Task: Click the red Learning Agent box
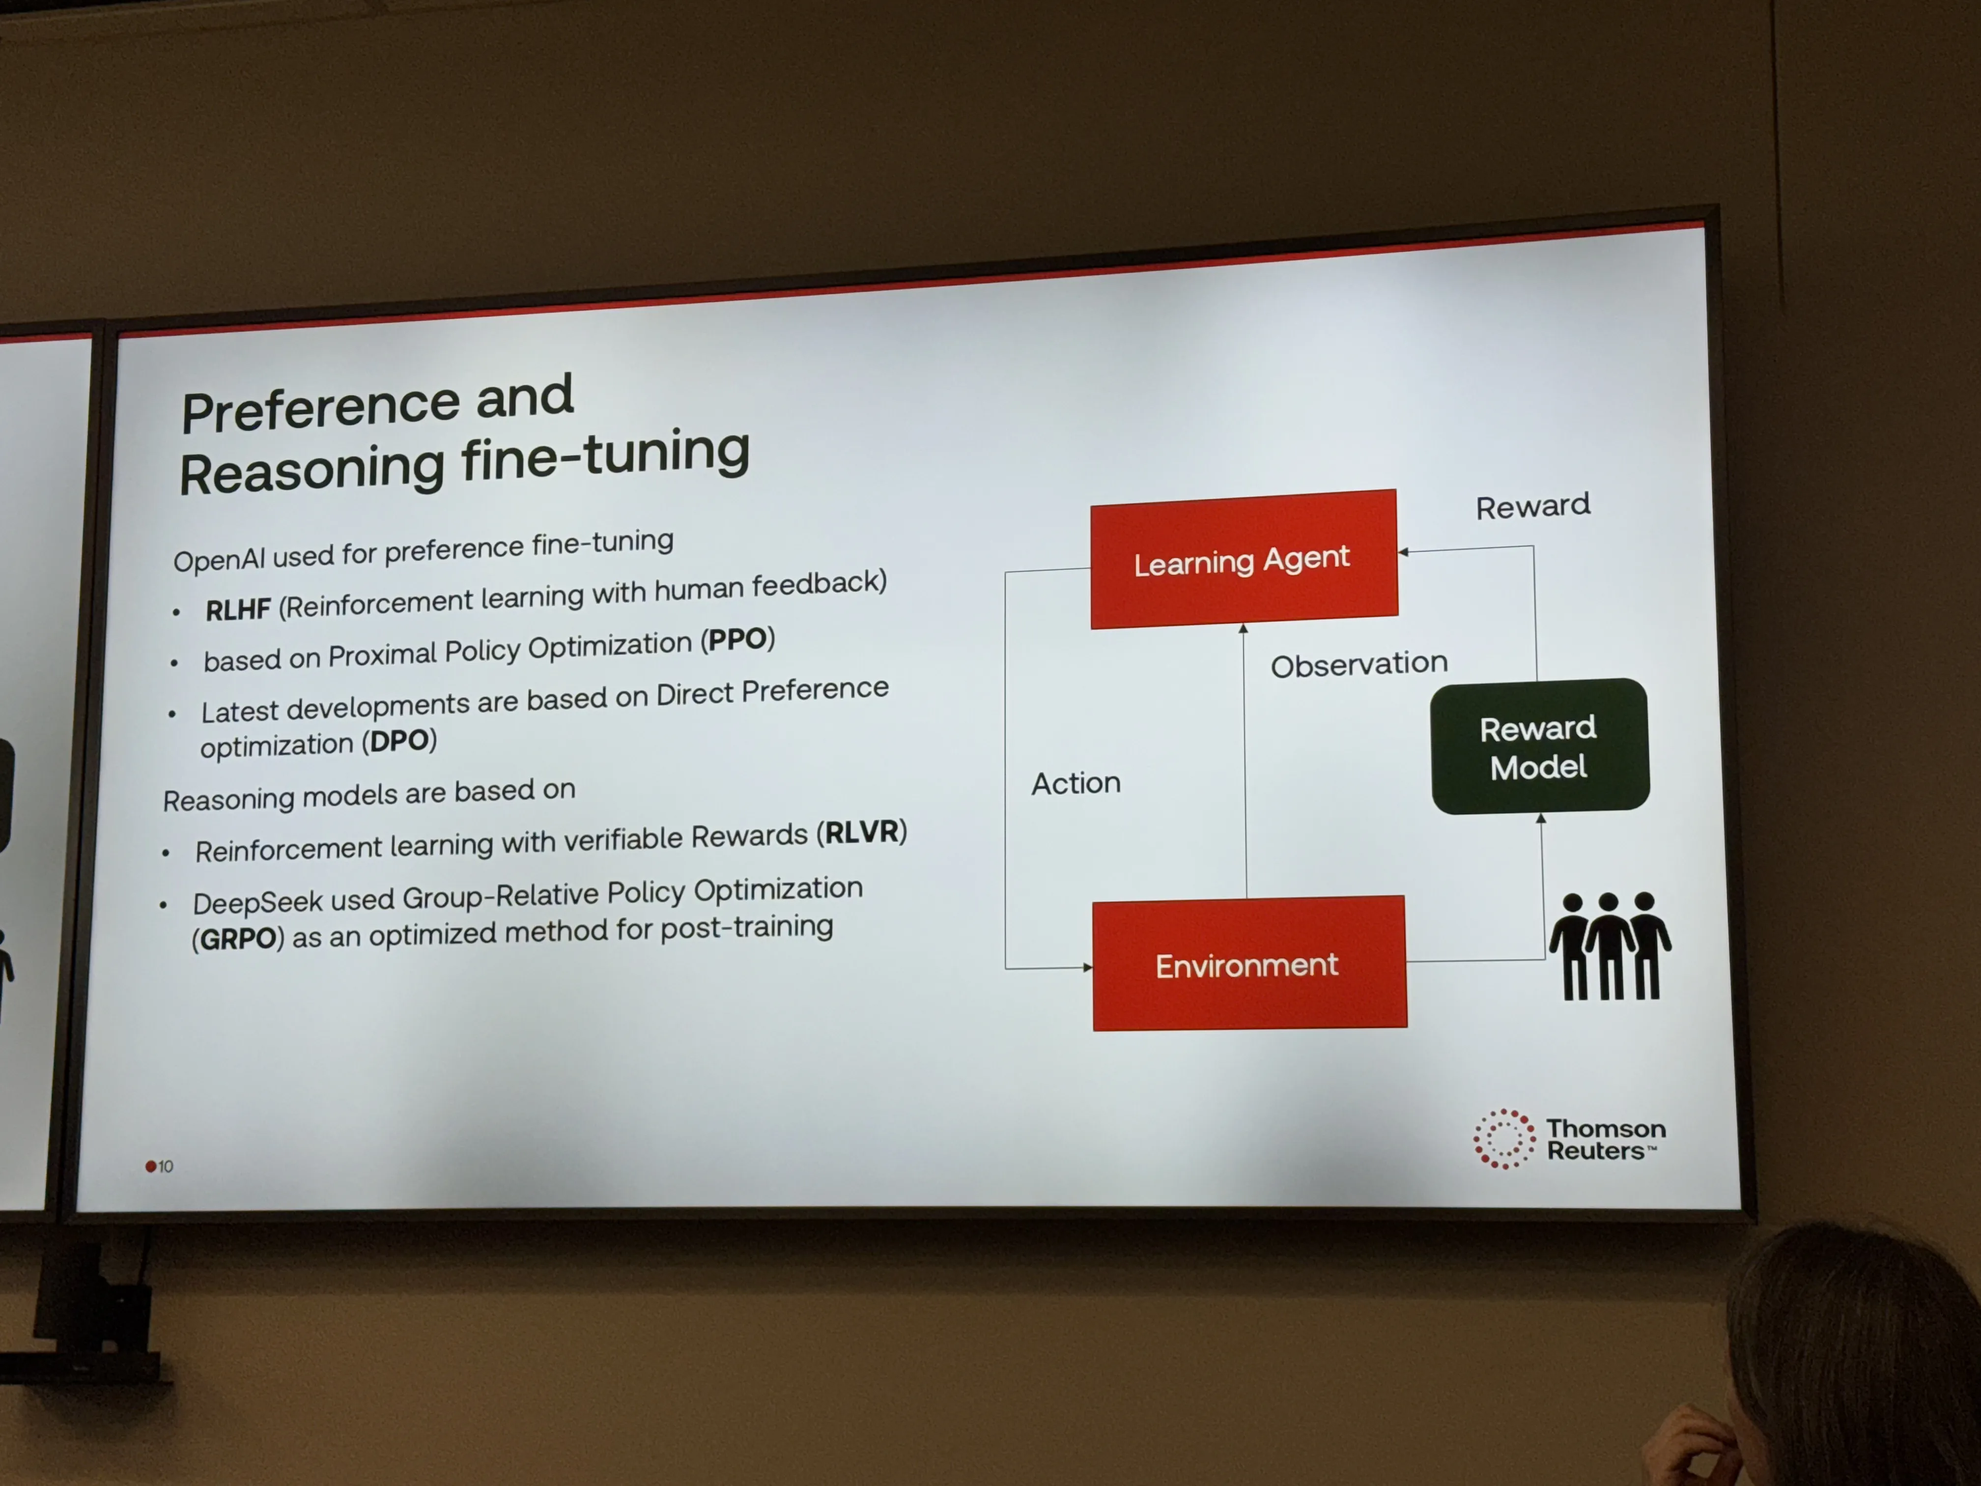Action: [x=1244, y=559]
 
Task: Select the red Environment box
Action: [x=1249, y=963]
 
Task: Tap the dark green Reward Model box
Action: [x=1539, y=746]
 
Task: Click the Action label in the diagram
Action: [x=1075, y=783]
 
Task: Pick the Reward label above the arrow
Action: [x=1533, y=506]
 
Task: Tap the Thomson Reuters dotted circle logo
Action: [x=1503, y=1139]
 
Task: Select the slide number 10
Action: [x=166, y=1166]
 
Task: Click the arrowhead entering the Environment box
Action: [x=1087, y=968]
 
